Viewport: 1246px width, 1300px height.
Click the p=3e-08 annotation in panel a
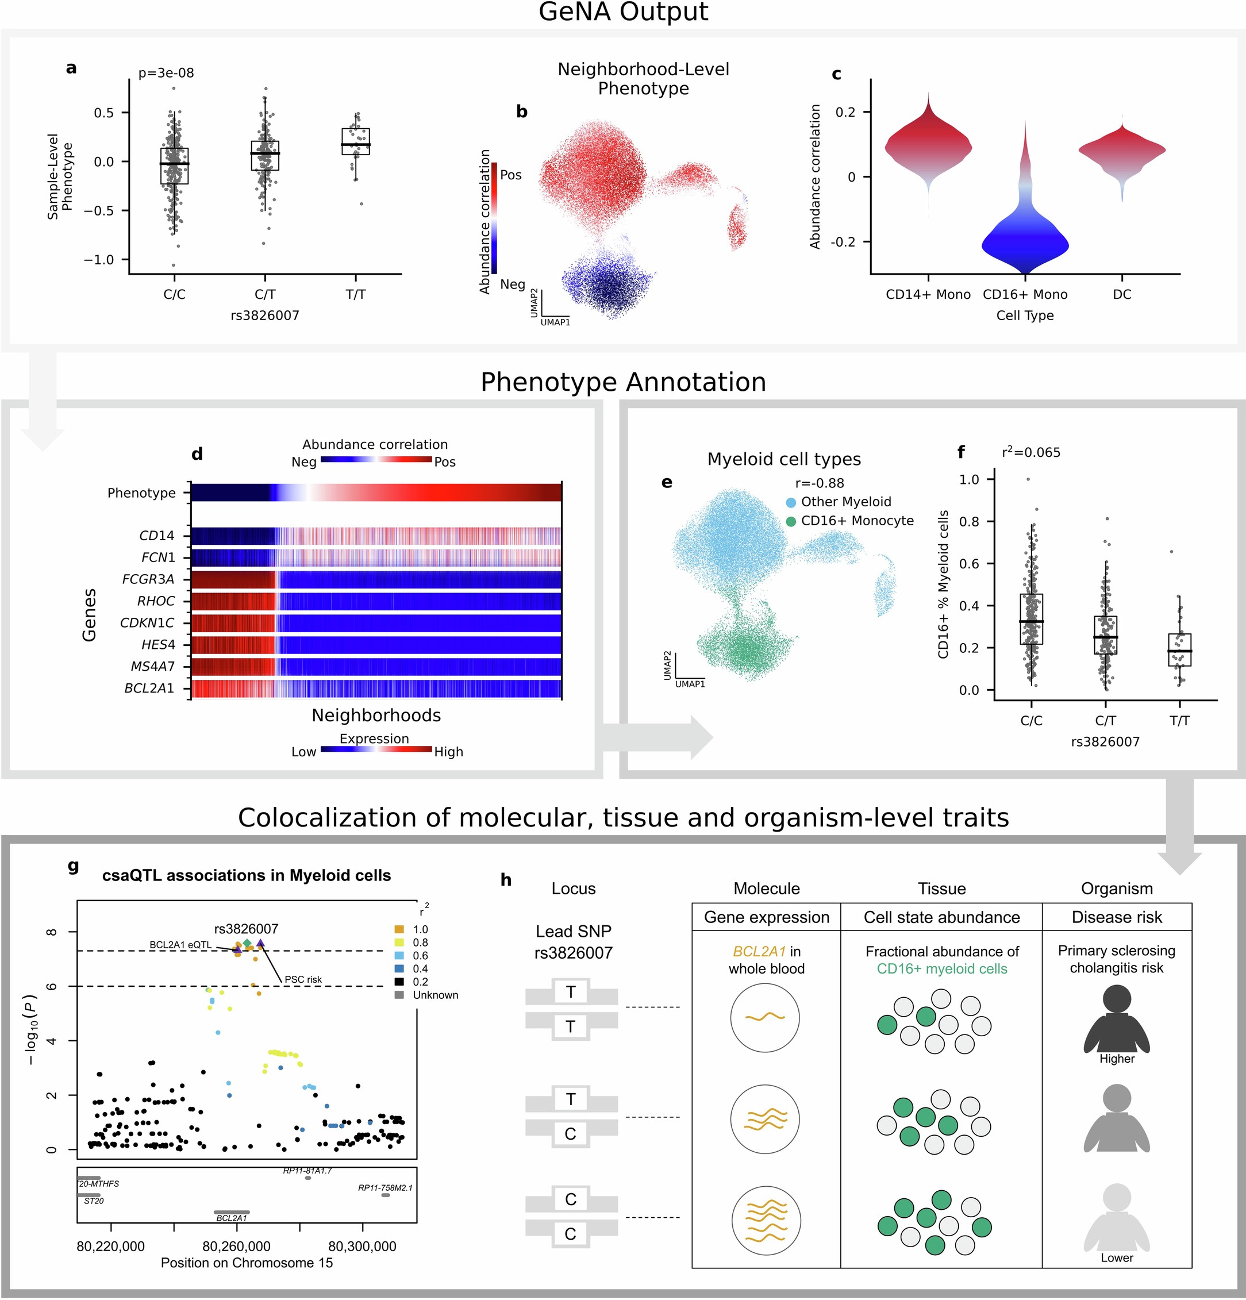pyautogui.click(x=166, y=73)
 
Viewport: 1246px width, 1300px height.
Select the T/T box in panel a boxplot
pyautogui.click(x=355, y=141)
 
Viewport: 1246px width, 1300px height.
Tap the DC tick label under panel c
pyautogui.click(x=1121, y=294)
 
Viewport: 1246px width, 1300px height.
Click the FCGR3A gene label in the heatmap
pyautogui.click(x=148, y=579)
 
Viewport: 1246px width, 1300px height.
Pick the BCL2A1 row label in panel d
pyautogui.click(x=149, y=689)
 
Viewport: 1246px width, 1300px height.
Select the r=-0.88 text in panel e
pyautogui.click(x=819, y=483)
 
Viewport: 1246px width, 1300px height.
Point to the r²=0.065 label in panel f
pyautogui.click(x=1030, y=452)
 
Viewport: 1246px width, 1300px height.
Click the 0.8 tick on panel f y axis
pyautogui.click(x=970, y=521)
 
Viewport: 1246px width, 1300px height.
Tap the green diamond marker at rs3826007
pyautogui.click(x=247, y=943)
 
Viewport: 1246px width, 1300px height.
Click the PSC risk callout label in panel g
pyautogui.click(x=303, y=979)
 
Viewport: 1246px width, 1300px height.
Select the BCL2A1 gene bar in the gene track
pyautogui.click(x=232, y=1212)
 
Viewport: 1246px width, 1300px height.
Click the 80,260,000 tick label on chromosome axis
pyautogui.click(x=236, y=1247)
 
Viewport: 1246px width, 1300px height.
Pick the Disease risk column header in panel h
pyautogui.click(x=1116, y=917)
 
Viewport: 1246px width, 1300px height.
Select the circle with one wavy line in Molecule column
pyautogui.click(x=764, y=1017)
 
